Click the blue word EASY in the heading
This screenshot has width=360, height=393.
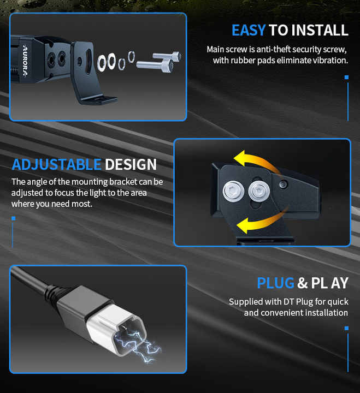pos(249,31)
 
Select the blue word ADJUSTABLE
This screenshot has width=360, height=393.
pos(56,165)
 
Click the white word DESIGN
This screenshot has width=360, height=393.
pos(131,165)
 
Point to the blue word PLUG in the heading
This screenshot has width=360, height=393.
pos(275,283)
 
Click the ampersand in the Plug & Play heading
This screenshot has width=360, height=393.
pos(302,283)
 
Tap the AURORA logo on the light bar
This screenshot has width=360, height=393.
pos(25,60)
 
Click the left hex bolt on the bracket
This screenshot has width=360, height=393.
pos(233,191)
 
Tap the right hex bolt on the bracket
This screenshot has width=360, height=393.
pos(259,192)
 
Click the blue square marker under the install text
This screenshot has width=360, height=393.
pos(347,77)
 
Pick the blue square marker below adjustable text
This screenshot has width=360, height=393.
pos(14,218)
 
